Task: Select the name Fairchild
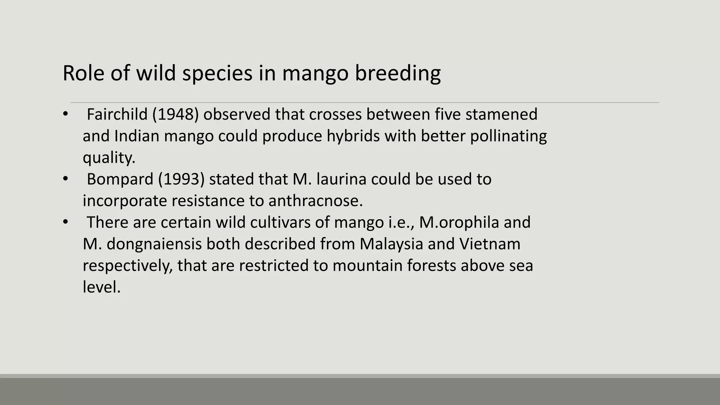click(x=117, y=115)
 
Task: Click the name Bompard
click(x=120, y=179)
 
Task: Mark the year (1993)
click(x=181, y=179)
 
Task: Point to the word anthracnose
click(x=315, y=201)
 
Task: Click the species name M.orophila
click(x=459, y=223)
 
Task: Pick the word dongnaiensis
click(x=154, y=244)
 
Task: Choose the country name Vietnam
click(x=490, y=244)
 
